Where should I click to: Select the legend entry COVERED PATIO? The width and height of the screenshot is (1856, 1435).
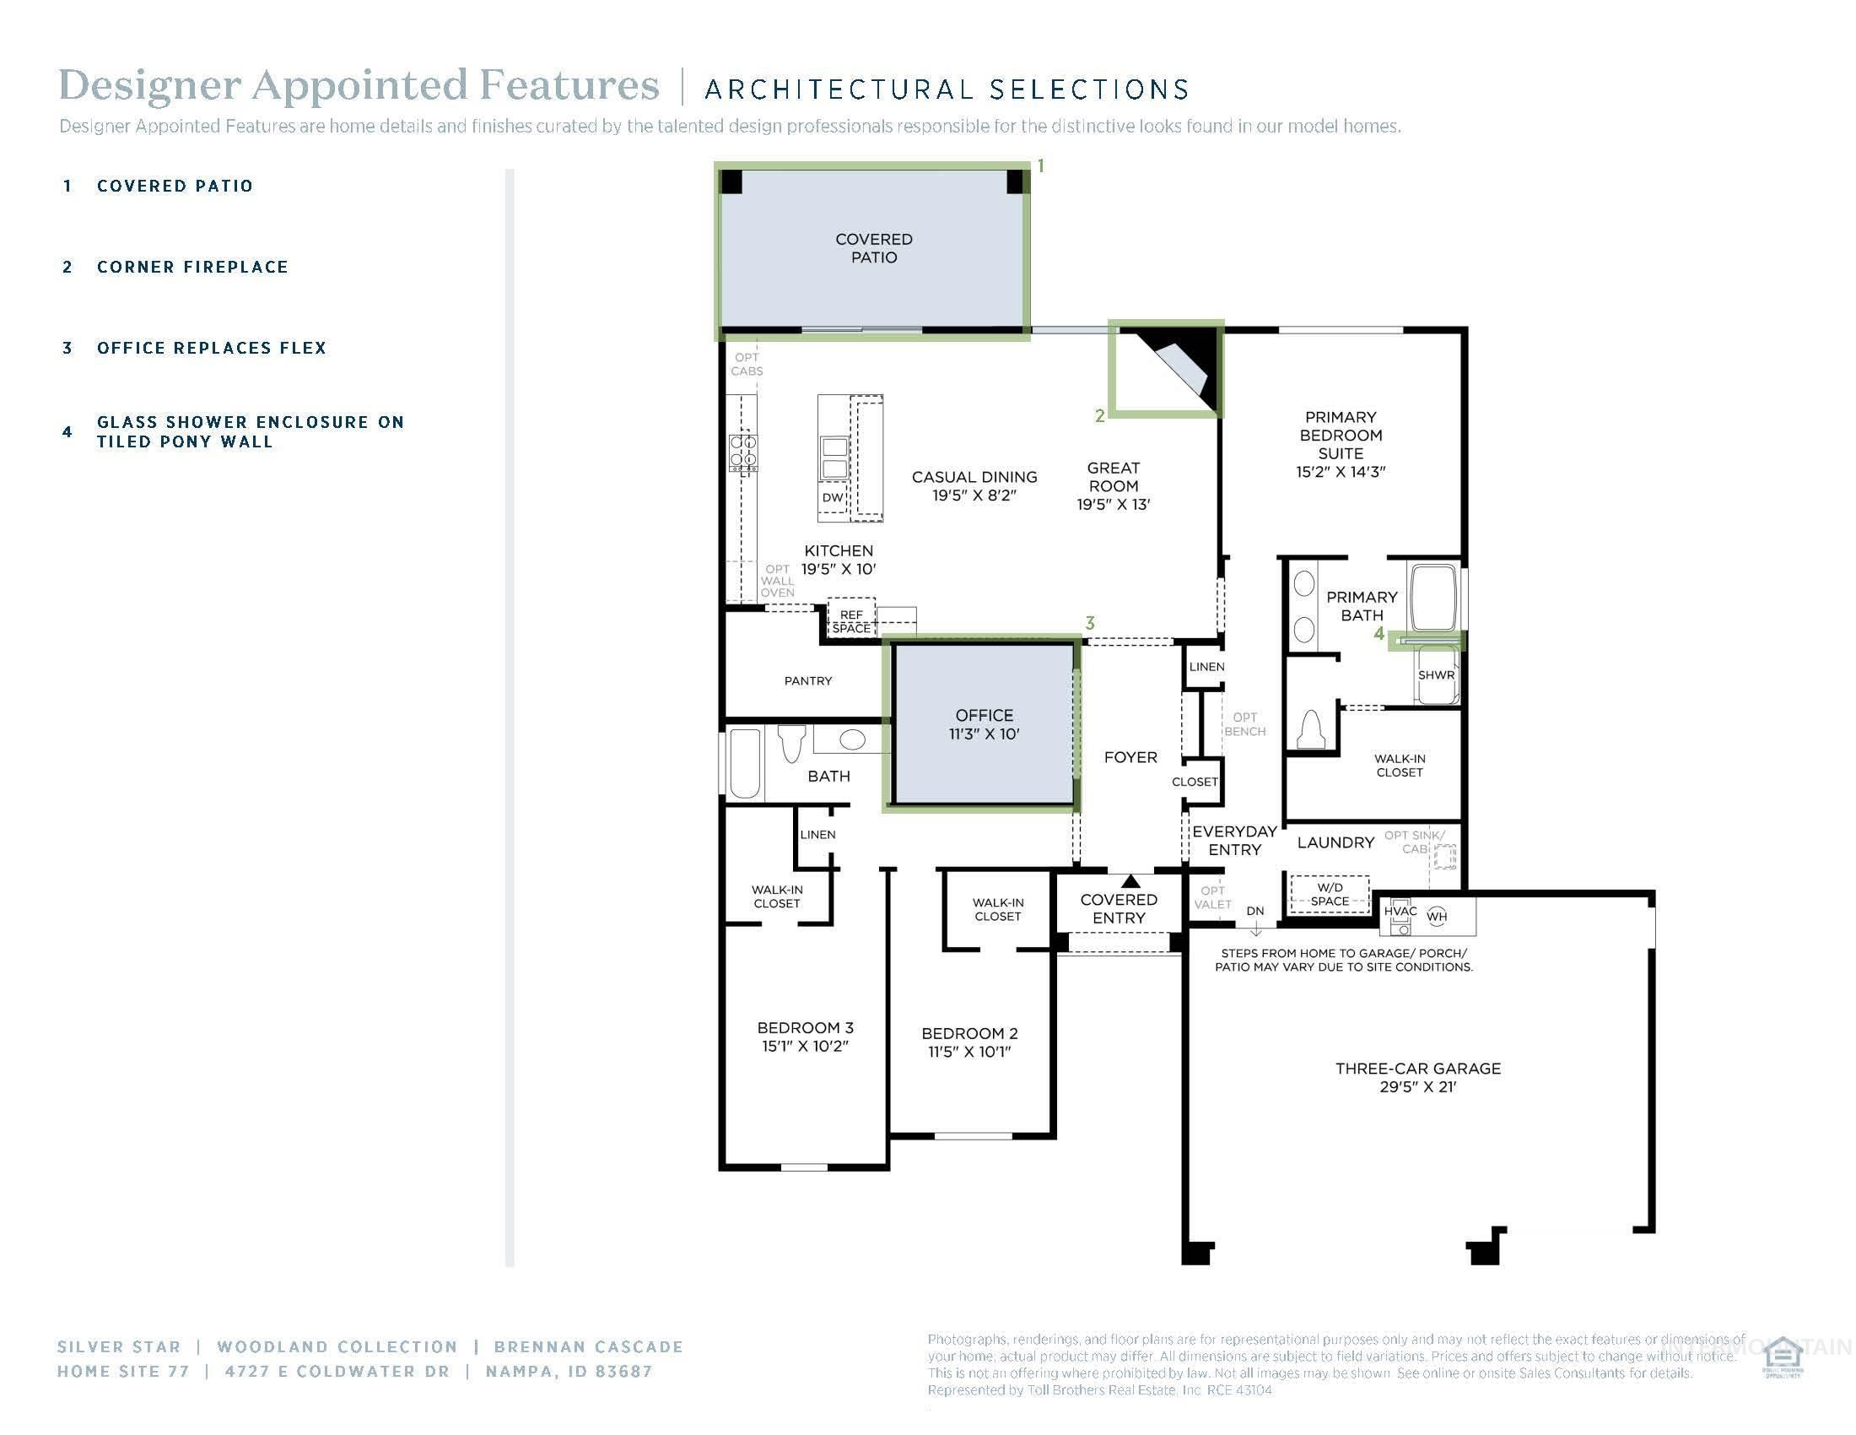[x=175, y=187]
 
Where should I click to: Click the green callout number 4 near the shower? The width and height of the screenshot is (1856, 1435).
[x=1379, y=633]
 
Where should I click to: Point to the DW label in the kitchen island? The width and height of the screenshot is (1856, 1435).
[x=833, y=498]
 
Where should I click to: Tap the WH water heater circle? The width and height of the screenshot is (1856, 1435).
[x=1436, y=917]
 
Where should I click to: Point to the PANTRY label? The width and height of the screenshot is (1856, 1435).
[x=807, y=681]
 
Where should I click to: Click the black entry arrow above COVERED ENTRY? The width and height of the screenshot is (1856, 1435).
[x=1130, y=881]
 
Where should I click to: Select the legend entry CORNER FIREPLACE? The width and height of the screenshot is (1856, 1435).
[x=192, y=267]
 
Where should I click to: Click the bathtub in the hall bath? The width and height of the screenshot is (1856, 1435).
[x=744, y=762]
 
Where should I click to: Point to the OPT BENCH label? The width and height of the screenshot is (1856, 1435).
[x=1244, y=724]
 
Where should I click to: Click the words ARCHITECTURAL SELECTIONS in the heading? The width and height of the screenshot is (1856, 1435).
[x=946, y=89]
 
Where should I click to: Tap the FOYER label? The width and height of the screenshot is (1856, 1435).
[x=1130, y=757]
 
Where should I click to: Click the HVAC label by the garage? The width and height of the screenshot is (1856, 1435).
[x=1400, y=912]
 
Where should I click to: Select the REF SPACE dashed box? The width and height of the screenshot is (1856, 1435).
[x=850, y=621]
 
